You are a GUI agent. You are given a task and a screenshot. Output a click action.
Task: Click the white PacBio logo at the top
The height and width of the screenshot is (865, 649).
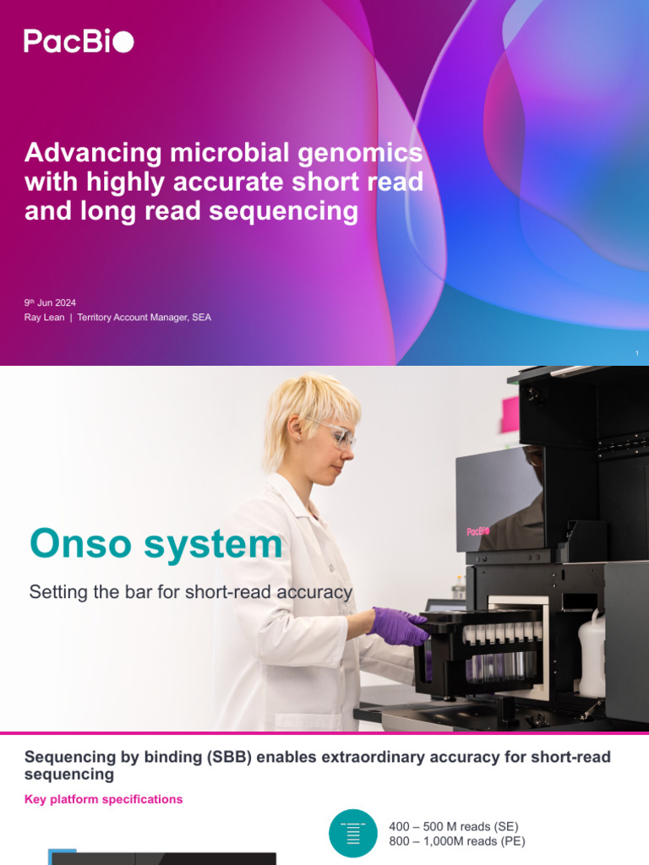tap(79, 41)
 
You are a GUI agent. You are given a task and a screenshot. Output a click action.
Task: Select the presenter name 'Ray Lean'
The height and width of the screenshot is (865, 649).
tap(44, 318)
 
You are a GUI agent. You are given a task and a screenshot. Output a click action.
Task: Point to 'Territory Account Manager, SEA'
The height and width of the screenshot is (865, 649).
tap(145, 318)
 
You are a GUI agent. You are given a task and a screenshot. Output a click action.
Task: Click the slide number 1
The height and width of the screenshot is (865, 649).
tap(636, 353)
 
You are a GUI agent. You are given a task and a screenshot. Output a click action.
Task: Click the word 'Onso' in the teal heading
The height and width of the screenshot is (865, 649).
tap(82, 544)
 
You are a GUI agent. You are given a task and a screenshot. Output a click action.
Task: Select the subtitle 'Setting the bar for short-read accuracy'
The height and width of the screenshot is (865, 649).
tap(190, 592)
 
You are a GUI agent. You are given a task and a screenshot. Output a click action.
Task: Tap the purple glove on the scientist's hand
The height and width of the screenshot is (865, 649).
tap(400, 626)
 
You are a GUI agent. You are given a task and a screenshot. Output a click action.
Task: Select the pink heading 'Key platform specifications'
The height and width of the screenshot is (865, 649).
tap(103, 799)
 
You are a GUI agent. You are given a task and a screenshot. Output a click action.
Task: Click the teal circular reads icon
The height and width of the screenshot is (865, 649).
tap(353, 833)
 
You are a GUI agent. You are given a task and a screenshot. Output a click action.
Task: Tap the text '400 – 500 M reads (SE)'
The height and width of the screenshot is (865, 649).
tap(453, 826)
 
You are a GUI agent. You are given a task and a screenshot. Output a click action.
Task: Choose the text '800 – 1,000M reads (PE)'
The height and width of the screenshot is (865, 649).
tap(456, 841)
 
